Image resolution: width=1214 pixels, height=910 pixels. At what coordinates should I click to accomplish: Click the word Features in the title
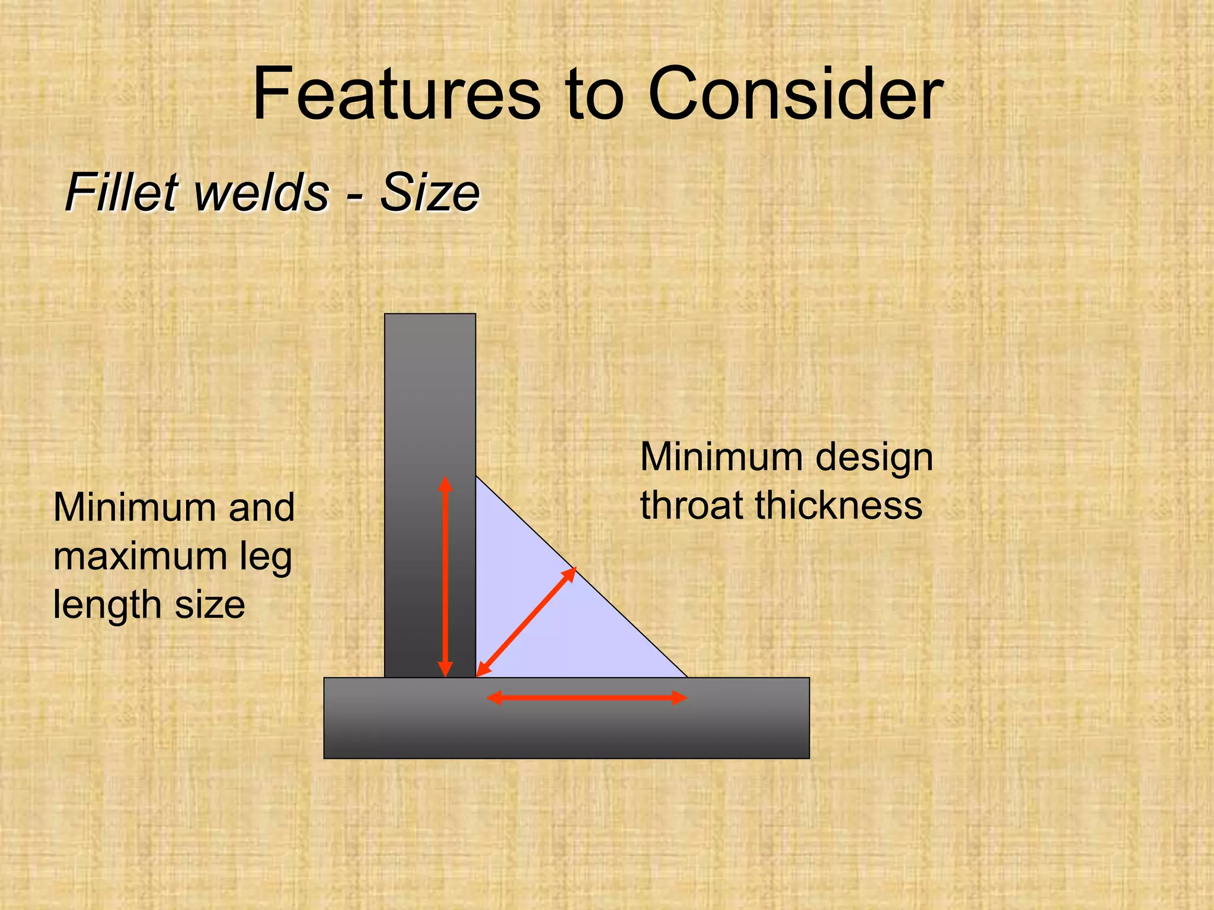(x=396, y=95)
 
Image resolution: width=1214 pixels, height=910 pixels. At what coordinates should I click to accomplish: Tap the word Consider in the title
(x=795, y=95)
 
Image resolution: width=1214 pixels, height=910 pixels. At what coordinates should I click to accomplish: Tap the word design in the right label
(x=874, y=458)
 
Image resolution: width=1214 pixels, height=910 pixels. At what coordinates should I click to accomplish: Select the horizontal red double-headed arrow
(x=586, y=698)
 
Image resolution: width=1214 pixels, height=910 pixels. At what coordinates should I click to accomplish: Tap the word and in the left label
(x=261, y=508)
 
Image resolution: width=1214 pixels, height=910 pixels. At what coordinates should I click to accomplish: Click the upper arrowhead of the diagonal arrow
(x=570, y=572)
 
